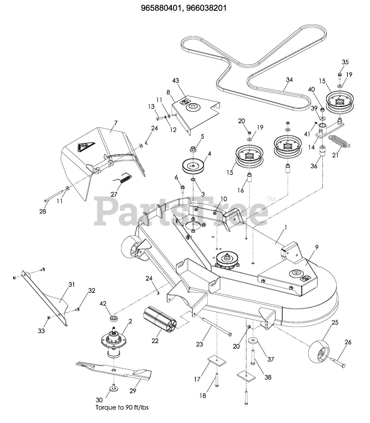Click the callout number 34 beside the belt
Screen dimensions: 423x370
(x=290, y=80)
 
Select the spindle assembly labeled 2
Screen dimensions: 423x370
(x=114, y=342)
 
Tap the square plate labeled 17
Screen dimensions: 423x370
(x=215, y=359)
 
